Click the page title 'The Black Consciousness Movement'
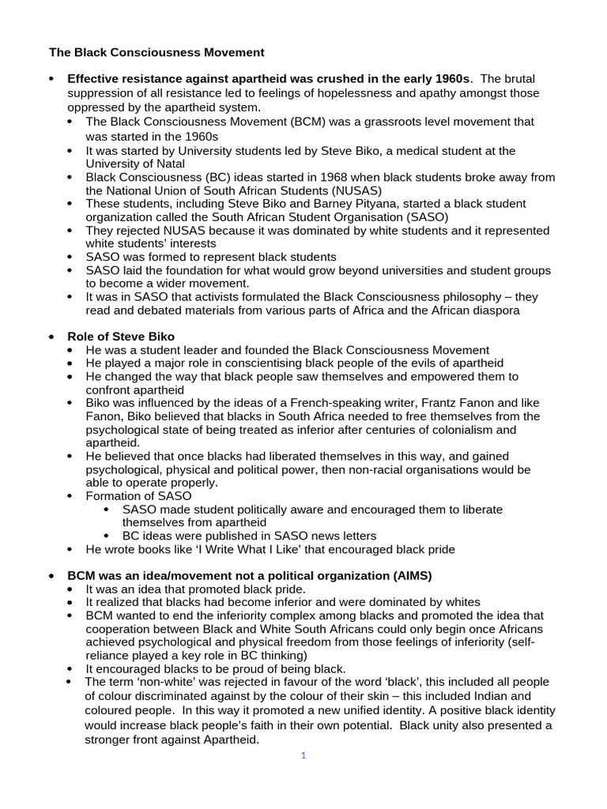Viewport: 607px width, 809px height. (x=156, y=53)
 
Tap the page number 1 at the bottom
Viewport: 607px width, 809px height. (x=303, y=755)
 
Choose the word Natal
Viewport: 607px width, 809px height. (x=168, y=164)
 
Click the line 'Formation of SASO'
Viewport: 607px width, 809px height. (x=138, y=496)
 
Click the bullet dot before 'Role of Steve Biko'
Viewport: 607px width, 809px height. (x=52, y=337)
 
